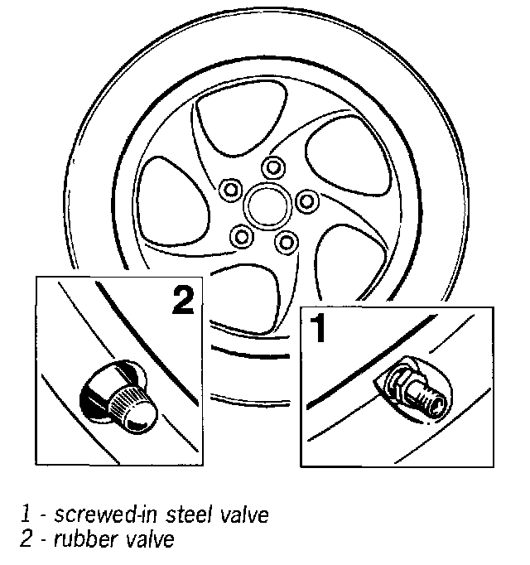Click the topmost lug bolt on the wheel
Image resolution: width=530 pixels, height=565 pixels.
(x=271, y=167)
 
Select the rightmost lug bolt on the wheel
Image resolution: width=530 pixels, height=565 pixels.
(x=306, y=200)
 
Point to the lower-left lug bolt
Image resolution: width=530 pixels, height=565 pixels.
(x=243, y=236)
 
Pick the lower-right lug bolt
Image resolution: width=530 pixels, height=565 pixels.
(x=287, y=241)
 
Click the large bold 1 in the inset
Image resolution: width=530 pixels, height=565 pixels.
(x=318, y=329)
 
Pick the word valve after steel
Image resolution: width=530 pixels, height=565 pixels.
(x=243, y=514)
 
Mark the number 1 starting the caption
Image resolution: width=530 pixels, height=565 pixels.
(x=26, y=515)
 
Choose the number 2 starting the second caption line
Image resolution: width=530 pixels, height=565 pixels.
(x=26, y=540)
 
